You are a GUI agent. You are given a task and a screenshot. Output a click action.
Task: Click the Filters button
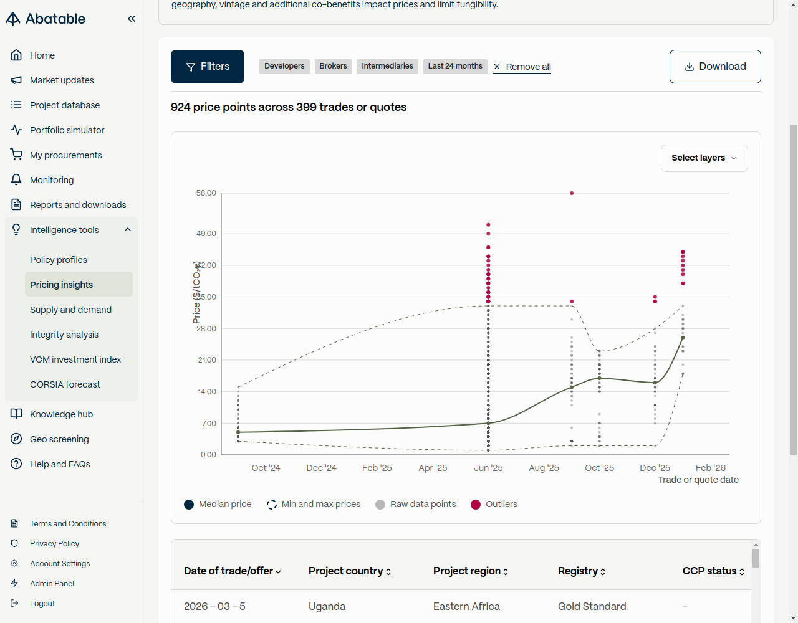[208, 67]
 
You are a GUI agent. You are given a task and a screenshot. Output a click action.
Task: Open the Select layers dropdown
[704, 158]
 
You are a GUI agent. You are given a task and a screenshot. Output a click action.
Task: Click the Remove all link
[522, 67]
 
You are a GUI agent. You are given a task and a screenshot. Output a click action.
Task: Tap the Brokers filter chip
[333, 66]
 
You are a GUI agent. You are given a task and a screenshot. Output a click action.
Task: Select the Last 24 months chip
[455, 66]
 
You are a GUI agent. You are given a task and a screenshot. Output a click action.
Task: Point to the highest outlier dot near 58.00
[572, 193]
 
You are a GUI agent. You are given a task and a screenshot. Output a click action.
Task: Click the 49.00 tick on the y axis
[206, 234]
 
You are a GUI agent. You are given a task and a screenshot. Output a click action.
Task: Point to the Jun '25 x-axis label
[488, 468]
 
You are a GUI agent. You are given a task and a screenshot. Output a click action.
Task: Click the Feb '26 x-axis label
[711, 468]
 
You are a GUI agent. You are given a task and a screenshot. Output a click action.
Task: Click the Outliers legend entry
[494, 504]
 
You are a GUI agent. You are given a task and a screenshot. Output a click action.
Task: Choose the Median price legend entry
[218, 504]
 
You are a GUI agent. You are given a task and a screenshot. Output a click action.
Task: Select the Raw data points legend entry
[416, 504]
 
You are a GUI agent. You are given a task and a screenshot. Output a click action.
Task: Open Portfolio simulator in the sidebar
[67, 130]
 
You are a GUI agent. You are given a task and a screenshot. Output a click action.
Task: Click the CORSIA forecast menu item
[65, 384]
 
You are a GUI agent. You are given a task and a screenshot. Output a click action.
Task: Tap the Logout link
[42, 603]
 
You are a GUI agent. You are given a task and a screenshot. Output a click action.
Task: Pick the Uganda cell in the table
[327, 606]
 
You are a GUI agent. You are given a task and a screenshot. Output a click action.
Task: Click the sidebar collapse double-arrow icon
[132, 19]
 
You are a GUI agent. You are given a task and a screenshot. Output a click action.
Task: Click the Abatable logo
[46, 19]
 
